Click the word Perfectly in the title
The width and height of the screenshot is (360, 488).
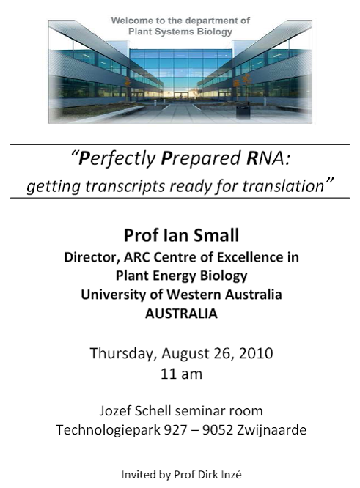[x=117, y=159]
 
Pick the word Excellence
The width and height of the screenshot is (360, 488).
[x=249, y=257]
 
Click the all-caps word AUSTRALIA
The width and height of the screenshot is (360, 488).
[x=181, y=314]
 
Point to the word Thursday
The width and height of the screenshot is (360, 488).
[x=123, y=354]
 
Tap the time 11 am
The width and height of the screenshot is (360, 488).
[x=181, y=374]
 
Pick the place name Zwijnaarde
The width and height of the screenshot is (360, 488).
[x=271, y=430]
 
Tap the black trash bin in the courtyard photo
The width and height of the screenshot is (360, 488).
[x=243, y=111]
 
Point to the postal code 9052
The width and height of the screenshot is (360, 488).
[x=218, y=430]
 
